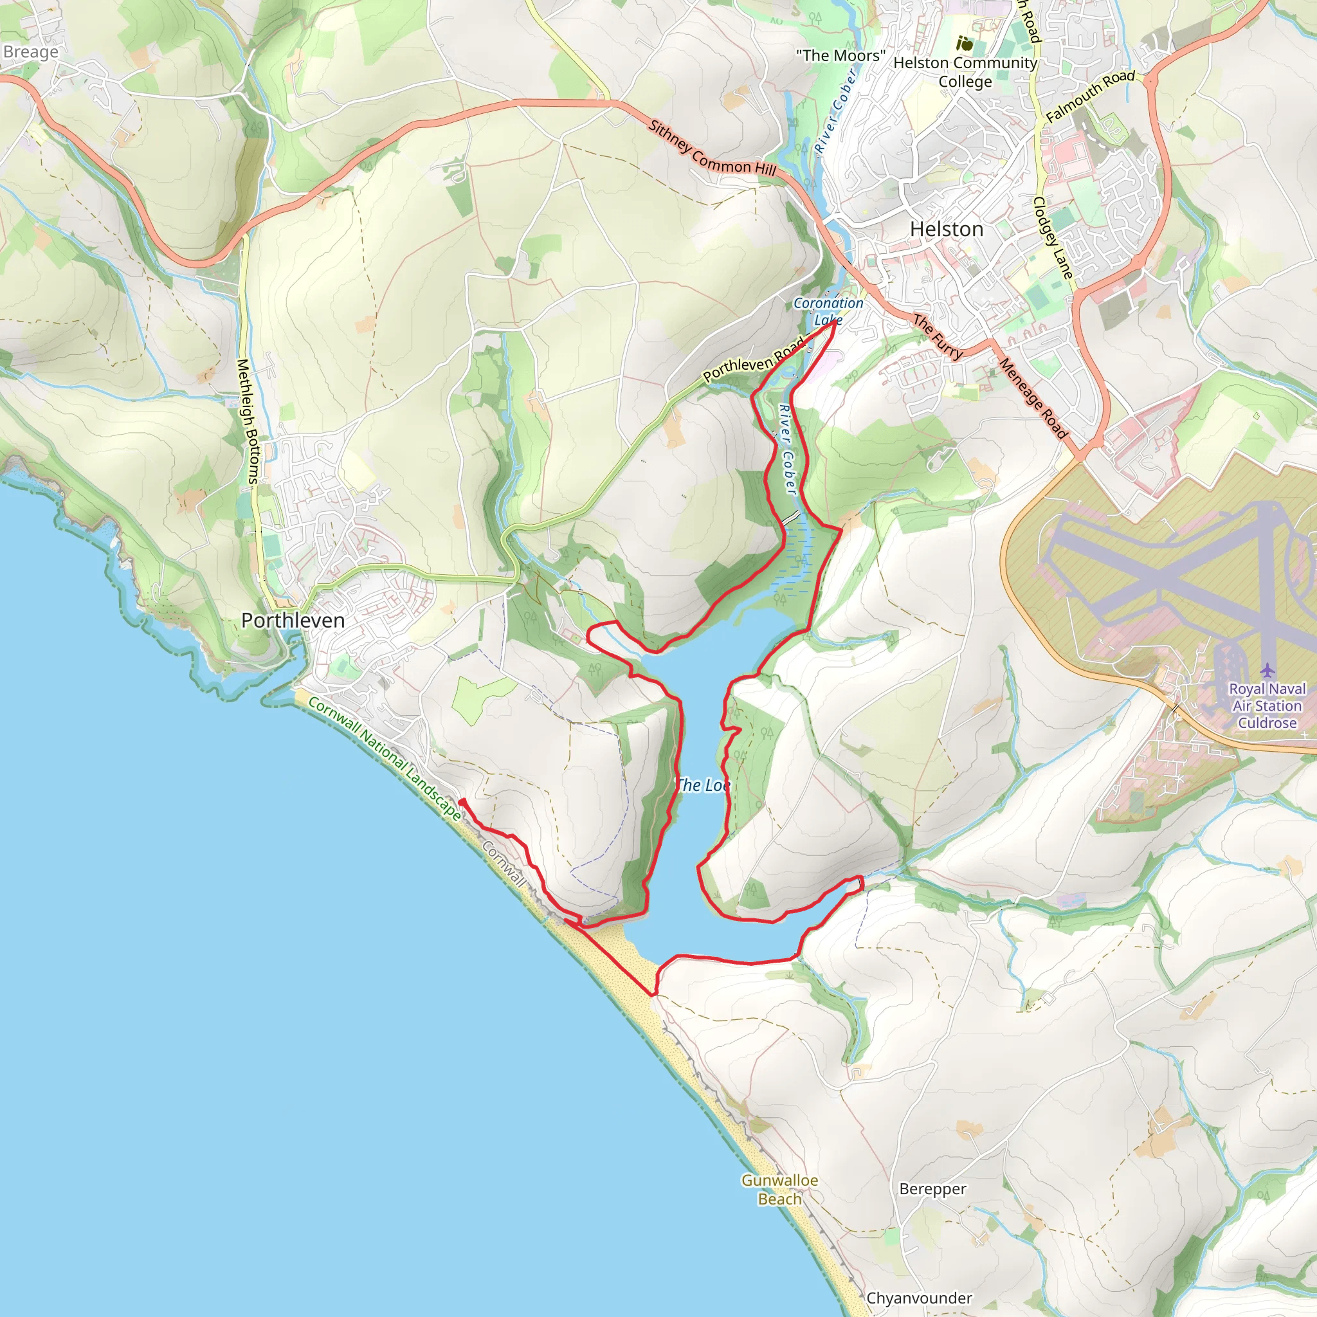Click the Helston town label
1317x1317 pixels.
pos(946,229)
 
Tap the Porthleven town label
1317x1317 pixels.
pos(293,621)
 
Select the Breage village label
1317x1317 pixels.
pos(31,52)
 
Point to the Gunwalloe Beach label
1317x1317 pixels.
pos(779,1190)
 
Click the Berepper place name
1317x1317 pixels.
pos(932,1189)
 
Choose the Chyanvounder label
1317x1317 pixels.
pos(919,1298)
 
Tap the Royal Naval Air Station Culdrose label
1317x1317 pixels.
pos(1267,705)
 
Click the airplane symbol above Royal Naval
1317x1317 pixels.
pos(1267,670)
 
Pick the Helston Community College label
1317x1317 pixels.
pos(965,71)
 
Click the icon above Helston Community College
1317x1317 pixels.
pos(964,44)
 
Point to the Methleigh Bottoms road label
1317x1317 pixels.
pos(248,422)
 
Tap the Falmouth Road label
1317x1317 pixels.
pos(1090,95)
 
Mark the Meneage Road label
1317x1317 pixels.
pos(1033,399)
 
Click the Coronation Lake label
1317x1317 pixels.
pos(828,311)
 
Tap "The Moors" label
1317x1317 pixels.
pos(840,56)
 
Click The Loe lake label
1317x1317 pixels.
pos(702,785)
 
